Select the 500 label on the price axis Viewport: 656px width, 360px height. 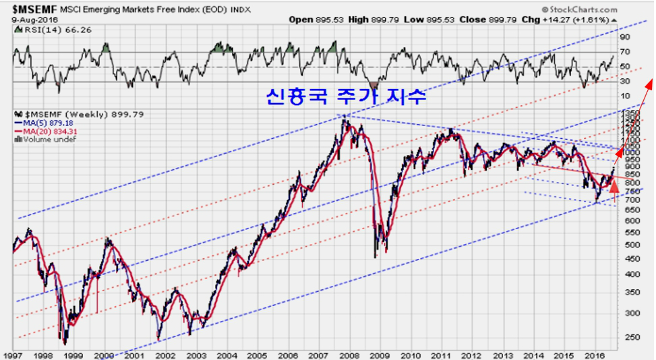coord(630,244)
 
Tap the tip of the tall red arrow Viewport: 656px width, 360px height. coord(651,80)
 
